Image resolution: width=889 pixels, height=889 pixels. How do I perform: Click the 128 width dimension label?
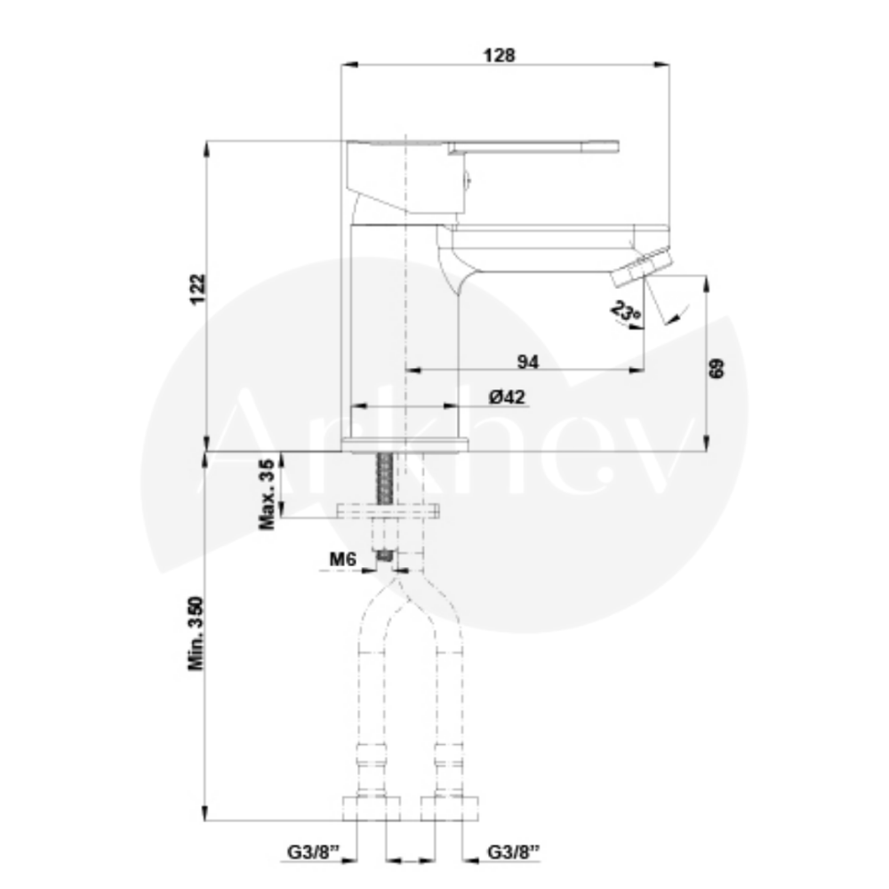(x=499, y=55)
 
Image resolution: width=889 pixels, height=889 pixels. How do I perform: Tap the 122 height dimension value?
(x=198, y=289)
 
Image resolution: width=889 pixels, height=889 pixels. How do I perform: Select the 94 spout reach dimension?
(x=528, y=362)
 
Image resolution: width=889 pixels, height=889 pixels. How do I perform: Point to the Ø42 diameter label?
(x=507, y=396)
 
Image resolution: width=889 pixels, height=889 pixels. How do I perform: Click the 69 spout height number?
(x=717, y=369)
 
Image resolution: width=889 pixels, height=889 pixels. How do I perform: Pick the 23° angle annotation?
(x=626, y=312)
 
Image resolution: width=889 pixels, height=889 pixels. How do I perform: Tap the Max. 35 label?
(x=267, y=494)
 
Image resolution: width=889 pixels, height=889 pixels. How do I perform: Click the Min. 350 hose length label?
(x=196, y=633)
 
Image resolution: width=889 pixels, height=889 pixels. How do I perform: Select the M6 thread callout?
(x=343, y=559)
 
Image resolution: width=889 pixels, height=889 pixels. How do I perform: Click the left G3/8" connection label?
(x=313, y=852)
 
